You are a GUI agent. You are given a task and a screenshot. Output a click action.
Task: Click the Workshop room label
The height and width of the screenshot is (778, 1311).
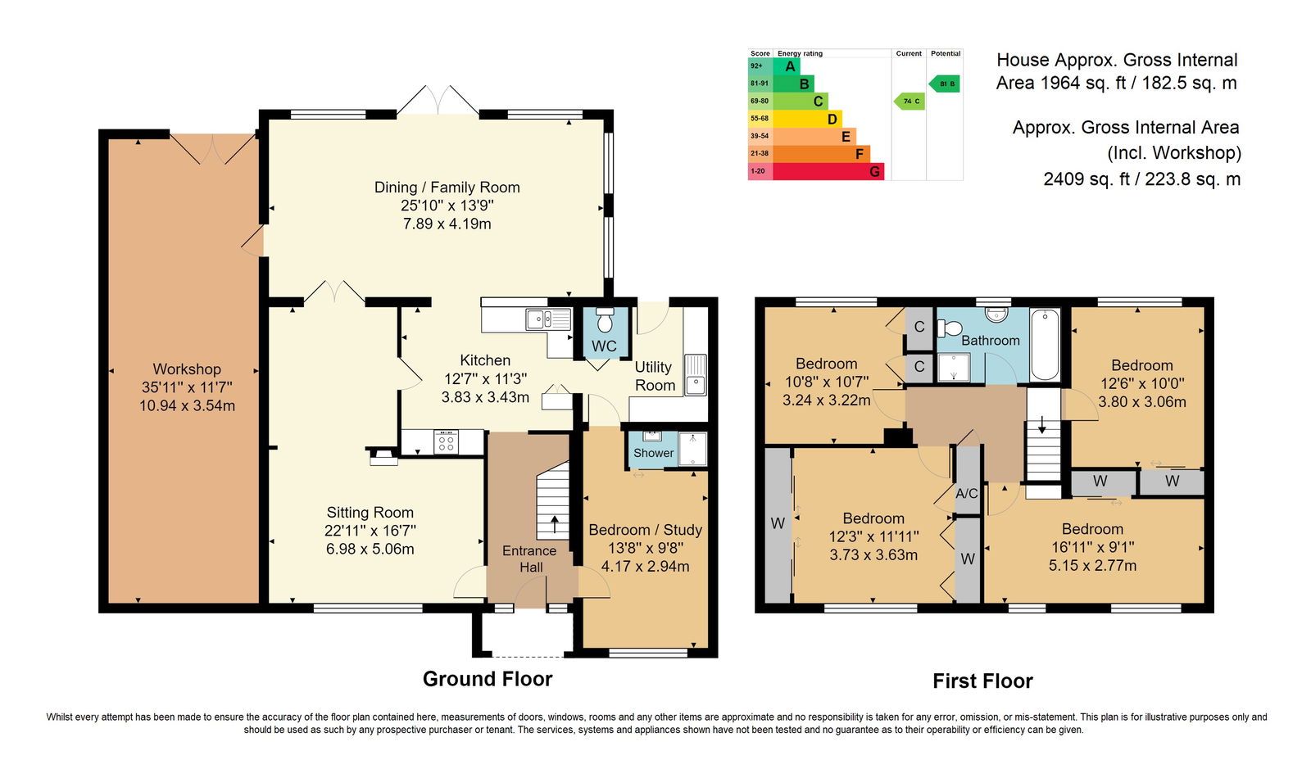187,369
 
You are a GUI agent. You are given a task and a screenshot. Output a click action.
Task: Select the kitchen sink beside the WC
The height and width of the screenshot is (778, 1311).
548,319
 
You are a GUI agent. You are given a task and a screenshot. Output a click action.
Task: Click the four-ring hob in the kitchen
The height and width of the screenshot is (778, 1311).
446,441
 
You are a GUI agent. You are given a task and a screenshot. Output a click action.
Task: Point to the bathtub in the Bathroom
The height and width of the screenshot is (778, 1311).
1045,345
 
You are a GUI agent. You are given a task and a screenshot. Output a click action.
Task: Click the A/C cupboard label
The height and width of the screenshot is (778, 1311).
967,493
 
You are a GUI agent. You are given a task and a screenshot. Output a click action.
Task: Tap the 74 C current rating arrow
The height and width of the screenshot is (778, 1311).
909,102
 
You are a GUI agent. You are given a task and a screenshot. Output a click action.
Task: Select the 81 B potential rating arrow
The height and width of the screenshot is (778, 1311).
944,84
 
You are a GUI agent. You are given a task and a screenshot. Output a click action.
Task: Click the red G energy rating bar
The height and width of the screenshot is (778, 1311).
828,171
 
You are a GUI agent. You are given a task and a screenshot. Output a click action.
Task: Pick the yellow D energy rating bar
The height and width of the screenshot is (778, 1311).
807,119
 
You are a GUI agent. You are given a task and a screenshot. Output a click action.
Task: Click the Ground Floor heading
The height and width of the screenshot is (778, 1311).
488,679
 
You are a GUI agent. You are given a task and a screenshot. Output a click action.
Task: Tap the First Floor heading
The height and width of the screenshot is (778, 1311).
982,681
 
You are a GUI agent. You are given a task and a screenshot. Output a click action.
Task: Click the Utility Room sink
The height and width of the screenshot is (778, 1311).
696,375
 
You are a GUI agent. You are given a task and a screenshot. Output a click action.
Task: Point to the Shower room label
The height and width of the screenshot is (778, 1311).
653,453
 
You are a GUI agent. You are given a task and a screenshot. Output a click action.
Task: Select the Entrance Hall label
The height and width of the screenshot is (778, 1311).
529,559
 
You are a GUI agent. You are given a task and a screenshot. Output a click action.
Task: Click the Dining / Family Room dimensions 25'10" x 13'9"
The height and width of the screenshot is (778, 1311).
447,206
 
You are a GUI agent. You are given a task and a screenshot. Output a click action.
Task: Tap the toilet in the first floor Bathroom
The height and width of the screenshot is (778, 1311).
950,328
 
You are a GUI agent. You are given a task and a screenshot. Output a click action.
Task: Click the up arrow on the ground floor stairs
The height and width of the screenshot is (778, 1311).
554,525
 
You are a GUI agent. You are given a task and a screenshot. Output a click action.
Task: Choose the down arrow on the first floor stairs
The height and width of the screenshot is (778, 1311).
1041,425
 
